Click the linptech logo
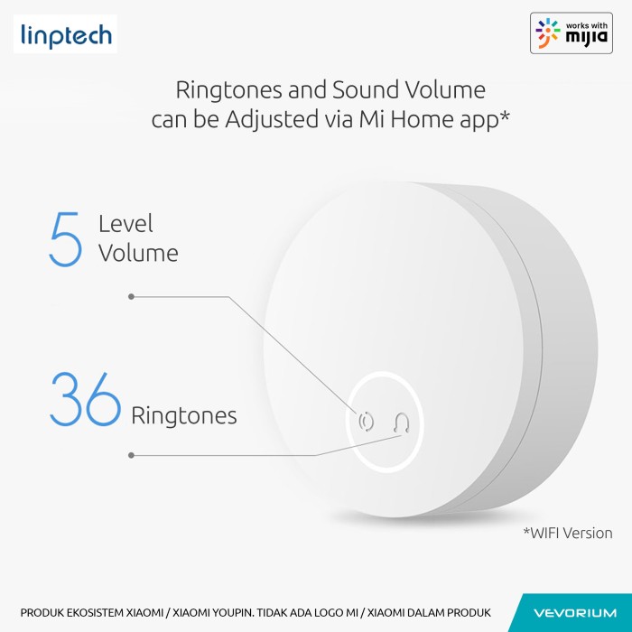point(66,34)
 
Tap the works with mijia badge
point(572,33)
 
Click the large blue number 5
point(66,239)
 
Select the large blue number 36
point(85,399)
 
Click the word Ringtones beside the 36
point(184,416)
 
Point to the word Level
point(125,224)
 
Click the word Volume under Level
point(138,254)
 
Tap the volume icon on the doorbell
point(366,422)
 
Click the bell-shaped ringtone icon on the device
point(402,423)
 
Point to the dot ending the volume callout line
point(131,297)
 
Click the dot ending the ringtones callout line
point(131,455)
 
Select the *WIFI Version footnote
point(568,533)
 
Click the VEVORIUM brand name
point(575,613)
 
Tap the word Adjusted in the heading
point(272,119)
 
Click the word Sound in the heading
point(366,89)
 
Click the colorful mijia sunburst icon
point(548,33)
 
